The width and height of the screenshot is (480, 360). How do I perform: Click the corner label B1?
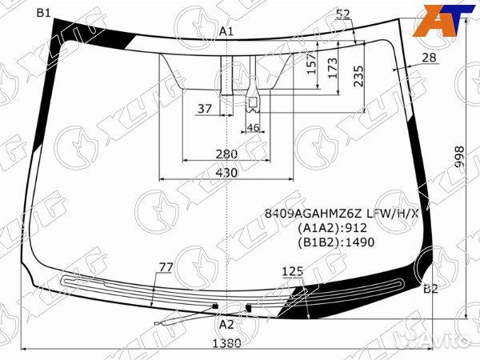[43, 13]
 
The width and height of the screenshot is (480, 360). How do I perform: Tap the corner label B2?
[430, 289]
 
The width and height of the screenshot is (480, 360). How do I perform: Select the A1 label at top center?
[226, 31]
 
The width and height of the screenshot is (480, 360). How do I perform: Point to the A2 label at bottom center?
[226, 325]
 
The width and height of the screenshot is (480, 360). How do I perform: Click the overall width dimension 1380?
[226, 343]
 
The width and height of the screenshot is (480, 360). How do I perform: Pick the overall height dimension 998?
[459, 157]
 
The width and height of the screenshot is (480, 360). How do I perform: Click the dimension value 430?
[226, 173]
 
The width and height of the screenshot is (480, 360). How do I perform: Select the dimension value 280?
[226, 154]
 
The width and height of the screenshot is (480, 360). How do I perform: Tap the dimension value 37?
[205, 108]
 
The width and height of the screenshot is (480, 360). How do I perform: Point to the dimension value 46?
[253, 127]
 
